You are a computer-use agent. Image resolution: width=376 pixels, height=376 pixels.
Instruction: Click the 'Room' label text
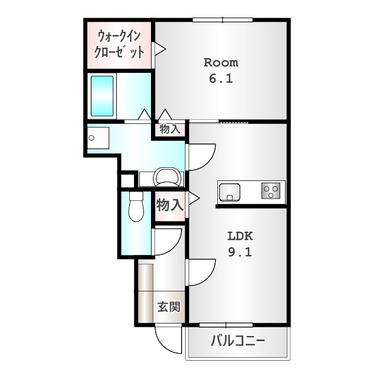(x=221, y=62)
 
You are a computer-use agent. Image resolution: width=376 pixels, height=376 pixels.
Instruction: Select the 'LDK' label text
(x=240, y=236)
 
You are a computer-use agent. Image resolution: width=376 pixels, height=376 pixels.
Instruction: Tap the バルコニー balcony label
(x=237, y=341)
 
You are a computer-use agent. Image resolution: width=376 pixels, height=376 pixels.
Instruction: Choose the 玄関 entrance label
(x=169, y=307)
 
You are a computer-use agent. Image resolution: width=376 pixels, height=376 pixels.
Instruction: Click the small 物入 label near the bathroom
(x=170, y=129)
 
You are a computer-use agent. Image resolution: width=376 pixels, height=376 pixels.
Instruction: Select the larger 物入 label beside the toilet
(x=170, y=205)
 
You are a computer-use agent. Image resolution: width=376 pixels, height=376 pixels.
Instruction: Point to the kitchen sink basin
(x=229, y=192)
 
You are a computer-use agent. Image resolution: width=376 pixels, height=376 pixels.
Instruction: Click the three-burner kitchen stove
(x=271, y=190)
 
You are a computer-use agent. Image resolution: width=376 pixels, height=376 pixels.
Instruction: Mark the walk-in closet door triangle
(x=157, y=49)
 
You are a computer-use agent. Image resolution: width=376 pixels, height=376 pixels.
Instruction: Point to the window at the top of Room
(x=223, y=20)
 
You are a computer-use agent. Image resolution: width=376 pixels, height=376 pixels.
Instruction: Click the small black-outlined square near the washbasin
(x=127, y=180)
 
